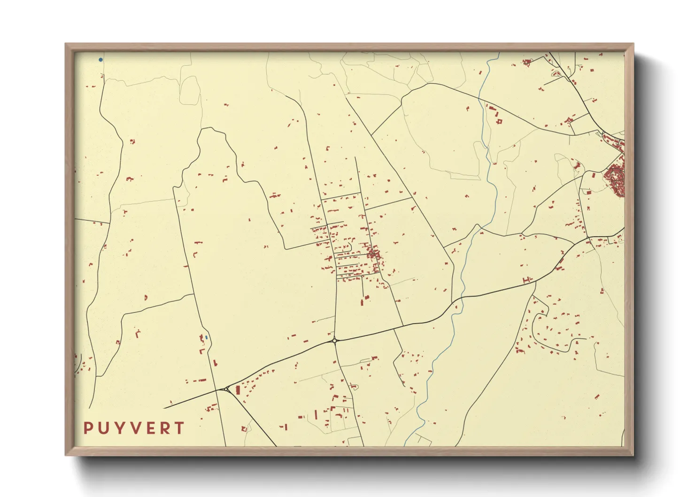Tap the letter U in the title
coord(103,428)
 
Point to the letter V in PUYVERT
coord(135,428)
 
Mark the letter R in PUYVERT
coord(164,428)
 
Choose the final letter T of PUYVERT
coord(179,428)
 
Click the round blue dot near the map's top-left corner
coord(100,60)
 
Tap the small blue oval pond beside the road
coord(206,337)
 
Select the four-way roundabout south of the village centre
coord(334,341)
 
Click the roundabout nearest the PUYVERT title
coord(227,388)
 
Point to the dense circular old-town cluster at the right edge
coord(615,180)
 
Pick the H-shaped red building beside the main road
coord(526,280)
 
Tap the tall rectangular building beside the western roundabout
coord(238,390)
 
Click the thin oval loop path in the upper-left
coord(190,91)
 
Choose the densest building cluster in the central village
coord(373,254)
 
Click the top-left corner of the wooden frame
coord(66,44)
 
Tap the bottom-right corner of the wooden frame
coord(633,455)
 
